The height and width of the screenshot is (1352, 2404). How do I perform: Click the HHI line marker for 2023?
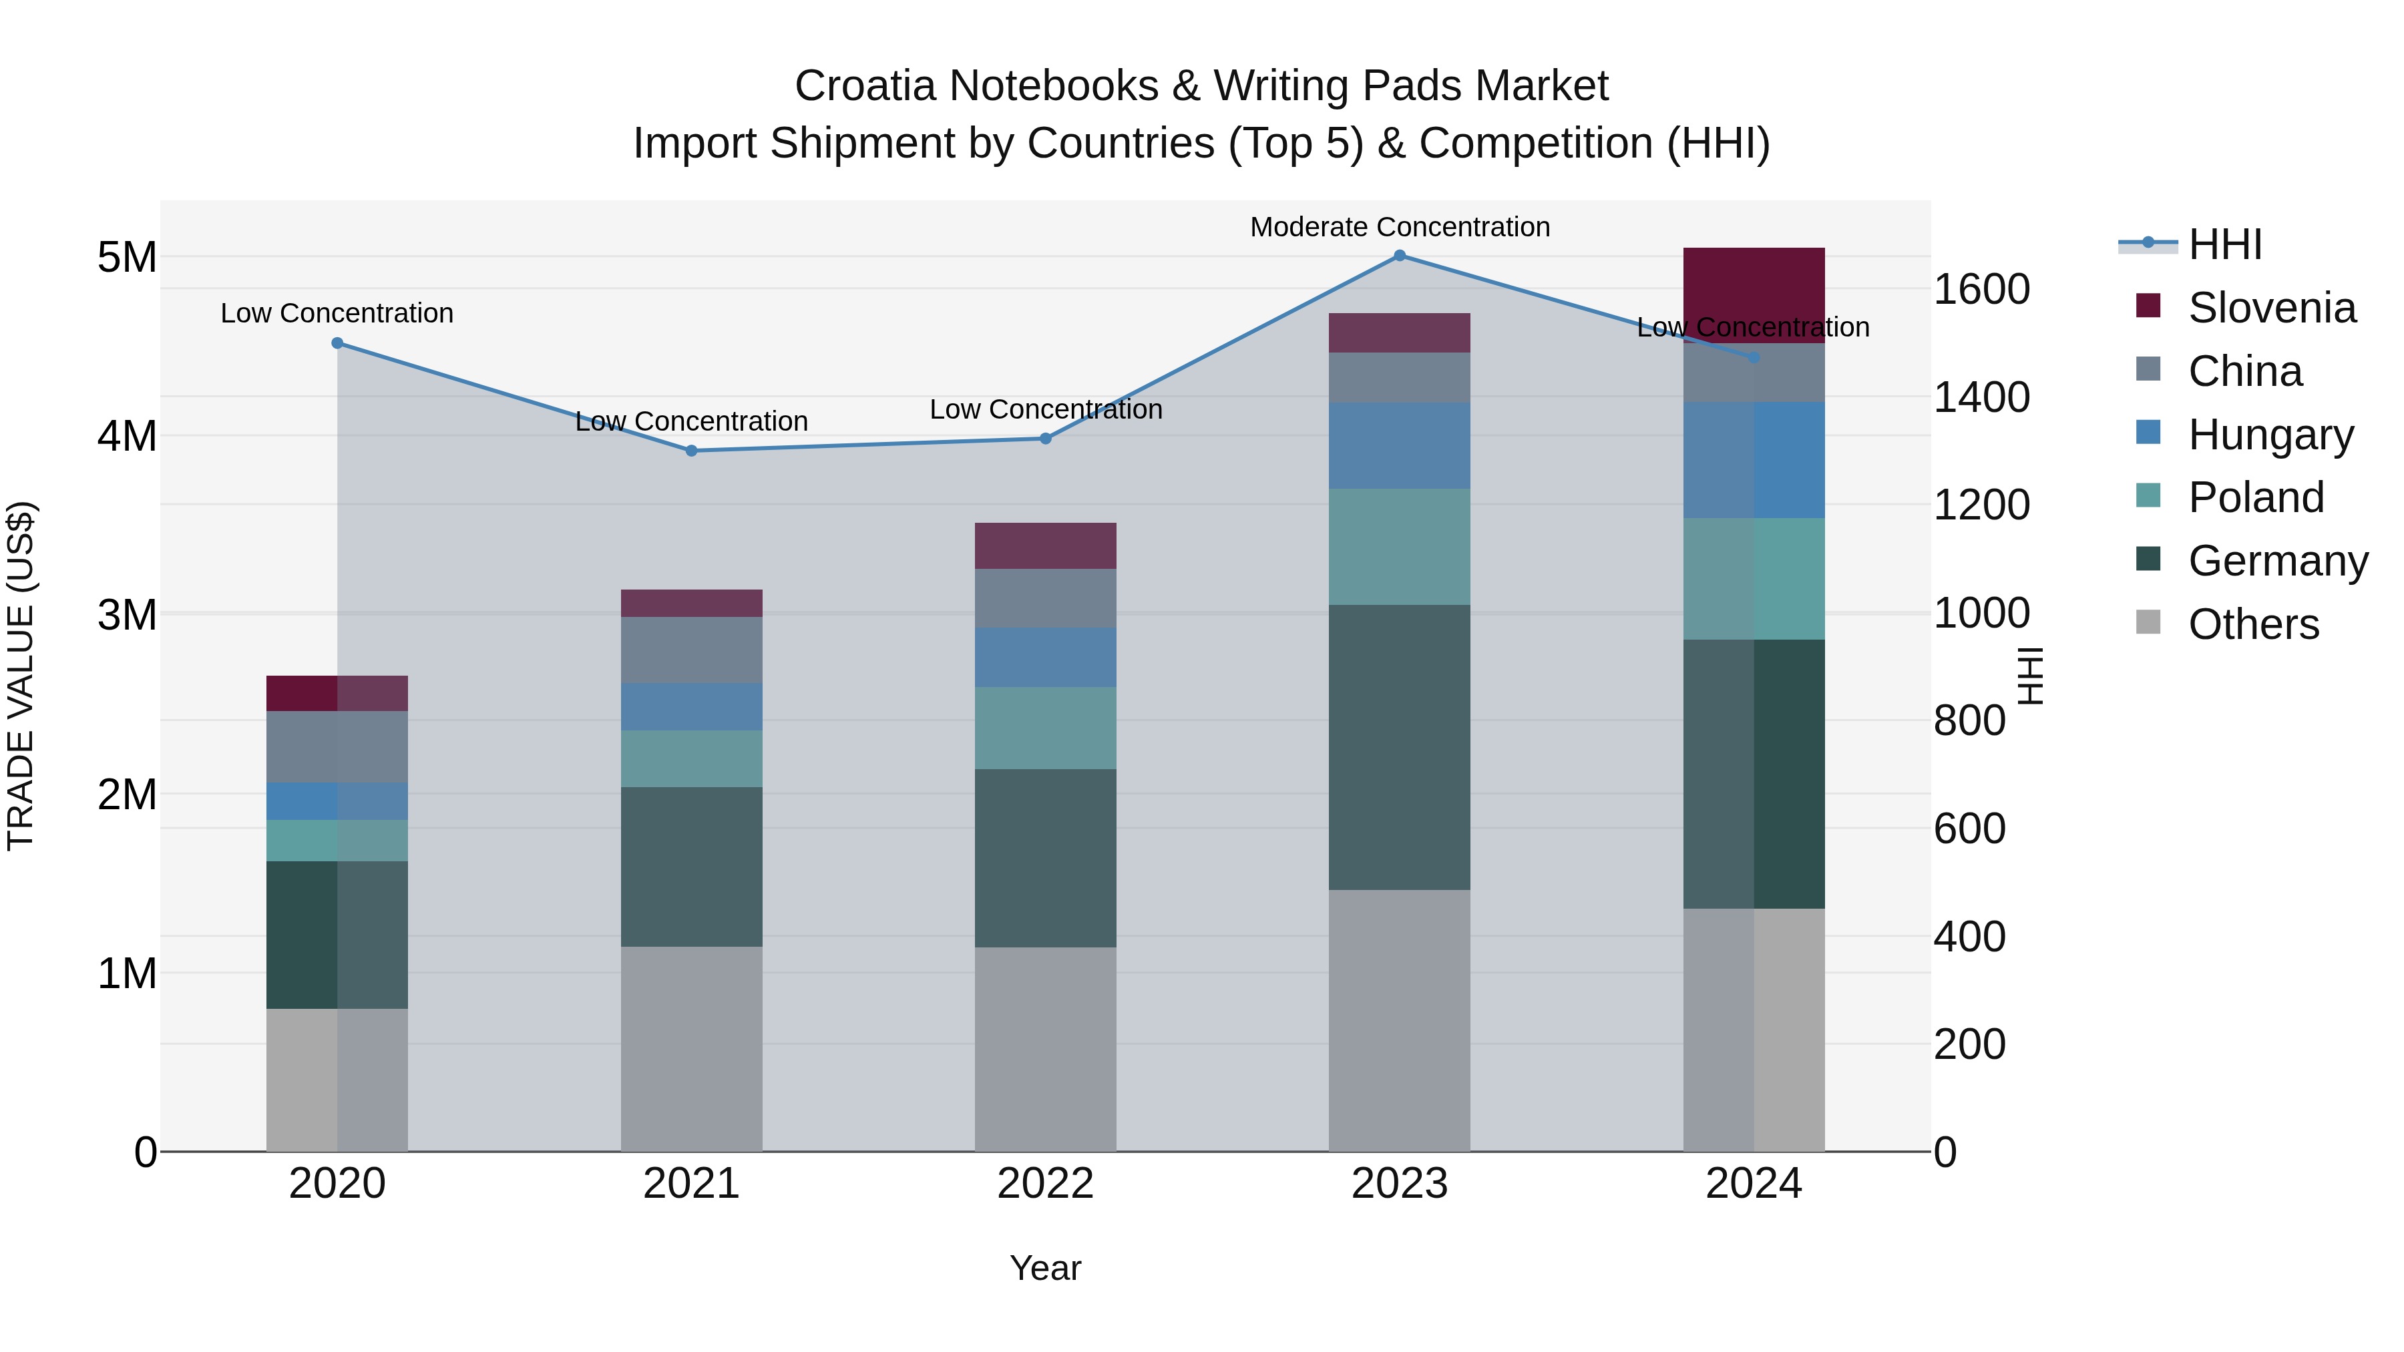1399,256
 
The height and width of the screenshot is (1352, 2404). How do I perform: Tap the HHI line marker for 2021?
692,451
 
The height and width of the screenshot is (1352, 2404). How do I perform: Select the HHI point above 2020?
338,343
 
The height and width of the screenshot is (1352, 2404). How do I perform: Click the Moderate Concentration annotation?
1399,228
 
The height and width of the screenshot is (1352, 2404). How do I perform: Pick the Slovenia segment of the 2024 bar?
1754,295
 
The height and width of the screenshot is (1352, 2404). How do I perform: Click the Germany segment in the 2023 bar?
1399,746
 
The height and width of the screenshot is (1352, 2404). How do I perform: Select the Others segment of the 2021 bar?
692,1049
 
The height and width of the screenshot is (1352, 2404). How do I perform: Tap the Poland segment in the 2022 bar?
1045,728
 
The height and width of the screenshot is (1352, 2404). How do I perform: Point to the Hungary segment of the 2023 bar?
1399,446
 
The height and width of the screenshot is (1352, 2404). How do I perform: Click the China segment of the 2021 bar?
692,650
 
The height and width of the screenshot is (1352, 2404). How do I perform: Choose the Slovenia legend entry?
2272,308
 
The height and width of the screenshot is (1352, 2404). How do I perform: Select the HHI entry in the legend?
2225,244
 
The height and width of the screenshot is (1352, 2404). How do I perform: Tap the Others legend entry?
2253,624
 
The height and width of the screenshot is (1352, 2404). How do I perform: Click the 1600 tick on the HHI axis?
1981,289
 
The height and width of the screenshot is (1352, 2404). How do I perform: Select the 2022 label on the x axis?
1045,1184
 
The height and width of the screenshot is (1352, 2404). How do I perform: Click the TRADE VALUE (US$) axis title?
21,676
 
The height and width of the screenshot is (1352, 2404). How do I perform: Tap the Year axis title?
1045,1268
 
